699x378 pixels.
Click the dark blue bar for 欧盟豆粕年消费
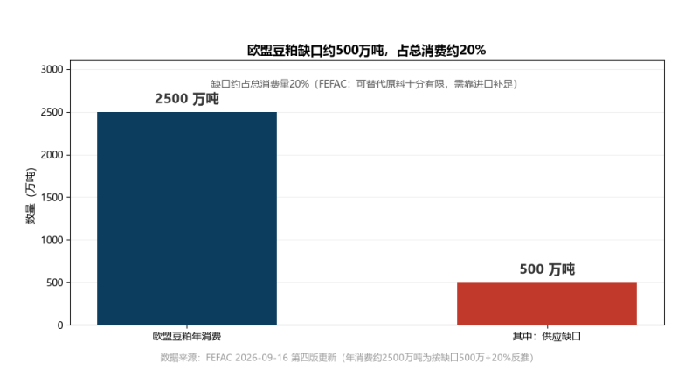click(x=187, y=218)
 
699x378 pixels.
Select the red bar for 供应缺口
click(x=547, y=304)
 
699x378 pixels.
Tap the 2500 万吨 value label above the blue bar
click(x=187, y=99)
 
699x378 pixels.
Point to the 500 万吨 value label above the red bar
click(x=547, y=269)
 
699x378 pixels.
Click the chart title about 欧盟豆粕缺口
click(x=366, y=51)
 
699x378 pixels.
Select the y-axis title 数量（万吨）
click(x=31, y=195)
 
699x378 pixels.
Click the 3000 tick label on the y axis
click(x=52, y=69)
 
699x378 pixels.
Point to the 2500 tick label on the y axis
click(x=52, y=112)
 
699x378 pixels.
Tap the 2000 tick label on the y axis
click(x=52, y=155)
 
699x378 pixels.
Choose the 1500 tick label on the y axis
click(x=52, y=197)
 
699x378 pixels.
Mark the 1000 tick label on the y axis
click(x=52, y=240)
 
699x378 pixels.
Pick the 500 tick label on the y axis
click(x=55, y=283)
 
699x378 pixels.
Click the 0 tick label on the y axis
click(x=60, y=325)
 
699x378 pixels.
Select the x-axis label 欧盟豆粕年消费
click(x=187, y=337)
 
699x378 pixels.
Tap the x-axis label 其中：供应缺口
click(x=547, y=337)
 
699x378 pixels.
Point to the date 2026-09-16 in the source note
click(x=261, y=358)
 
